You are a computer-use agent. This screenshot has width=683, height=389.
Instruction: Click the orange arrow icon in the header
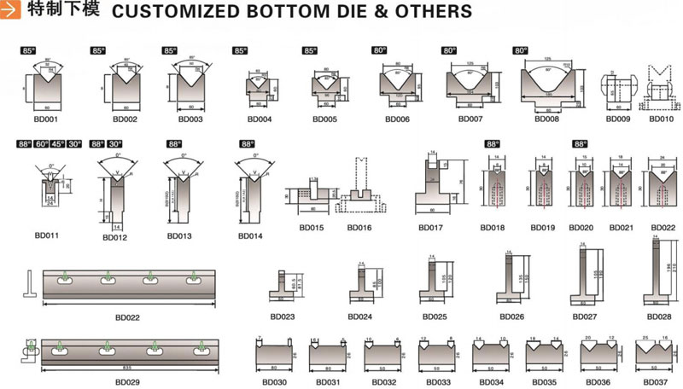[12, 11]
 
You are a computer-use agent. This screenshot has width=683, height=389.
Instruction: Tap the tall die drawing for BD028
[658, 273]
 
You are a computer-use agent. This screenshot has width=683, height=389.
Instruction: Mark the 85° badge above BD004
[240, 51]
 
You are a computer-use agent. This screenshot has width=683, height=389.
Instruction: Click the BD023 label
[283, 316]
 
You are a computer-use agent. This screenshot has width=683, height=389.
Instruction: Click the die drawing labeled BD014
[252, 192]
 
